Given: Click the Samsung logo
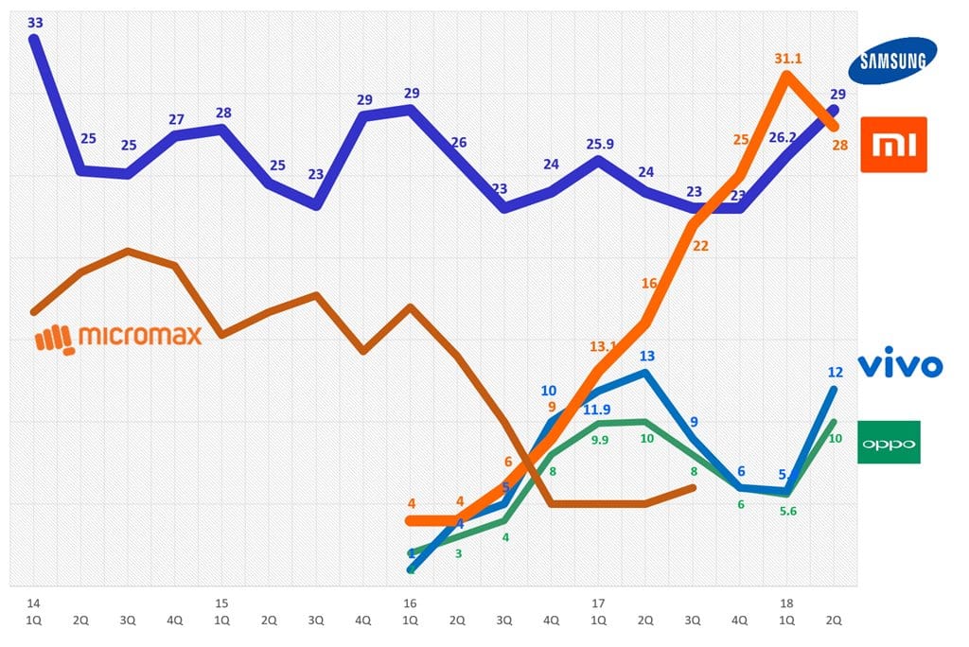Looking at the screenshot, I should (893, 61).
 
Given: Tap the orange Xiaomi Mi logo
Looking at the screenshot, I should (893, 145).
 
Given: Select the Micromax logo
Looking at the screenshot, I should (118, 336).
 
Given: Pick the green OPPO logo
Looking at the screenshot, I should (889, 443).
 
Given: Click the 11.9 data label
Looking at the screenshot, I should (596, 410).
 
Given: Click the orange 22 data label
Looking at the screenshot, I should (700, 245).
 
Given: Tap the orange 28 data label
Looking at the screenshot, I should (838, 145).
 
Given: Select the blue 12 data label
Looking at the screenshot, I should (835, 372).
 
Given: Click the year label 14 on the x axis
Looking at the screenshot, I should (33, 603).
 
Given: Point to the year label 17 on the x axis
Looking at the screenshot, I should (598, 603).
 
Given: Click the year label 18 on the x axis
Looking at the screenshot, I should (786, 603).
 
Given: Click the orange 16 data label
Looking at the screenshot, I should (649, 283).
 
